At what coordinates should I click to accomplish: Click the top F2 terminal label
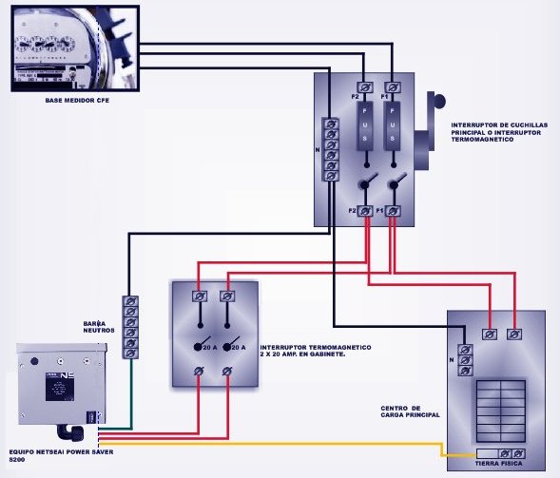pos(354,97)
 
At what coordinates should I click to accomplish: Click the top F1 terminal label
pos(382,97)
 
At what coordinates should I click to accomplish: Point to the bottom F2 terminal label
pos(353,209)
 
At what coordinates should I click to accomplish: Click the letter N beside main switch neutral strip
pos(317,149)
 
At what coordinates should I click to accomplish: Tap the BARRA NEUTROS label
pos(98,328)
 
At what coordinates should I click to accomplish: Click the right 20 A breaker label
pos(240,349)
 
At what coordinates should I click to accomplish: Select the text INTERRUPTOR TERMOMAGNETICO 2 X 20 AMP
pos(314,352)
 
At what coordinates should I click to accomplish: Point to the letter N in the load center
pos(451,359)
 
